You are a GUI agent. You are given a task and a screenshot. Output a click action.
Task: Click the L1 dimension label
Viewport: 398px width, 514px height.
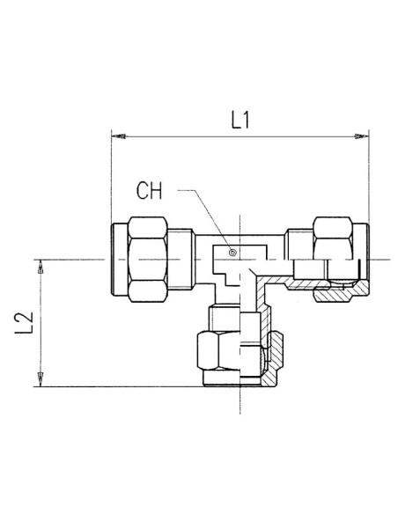240,120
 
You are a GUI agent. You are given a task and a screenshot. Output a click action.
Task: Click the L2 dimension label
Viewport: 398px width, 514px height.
25,323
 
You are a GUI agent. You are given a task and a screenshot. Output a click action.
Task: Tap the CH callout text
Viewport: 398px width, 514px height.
149,191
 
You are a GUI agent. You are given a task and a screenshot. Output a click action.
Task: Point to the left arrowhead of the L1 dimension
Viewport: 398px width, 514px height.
118,136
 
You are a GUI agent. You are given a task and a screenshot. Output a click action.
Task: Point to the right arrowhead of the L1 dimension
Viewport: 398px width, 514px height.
362,136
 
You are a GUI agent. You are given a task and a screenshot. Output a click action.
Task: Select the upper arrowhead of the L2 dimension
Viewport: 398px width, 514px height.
41,267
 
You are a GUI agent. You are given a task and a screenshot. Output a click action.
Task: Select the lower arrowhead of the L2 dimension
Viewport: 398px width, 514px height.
41,379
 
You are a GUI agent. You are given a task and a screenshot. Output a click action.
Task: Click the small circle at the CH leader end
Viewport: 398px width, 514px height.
232,253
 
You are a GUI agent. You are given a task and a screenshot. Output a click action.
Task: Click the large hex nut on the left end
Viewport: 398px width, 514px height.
148,260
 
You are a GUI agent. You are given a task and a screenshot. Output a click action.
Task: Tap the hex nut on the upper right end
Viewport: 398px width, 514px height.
333,239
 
